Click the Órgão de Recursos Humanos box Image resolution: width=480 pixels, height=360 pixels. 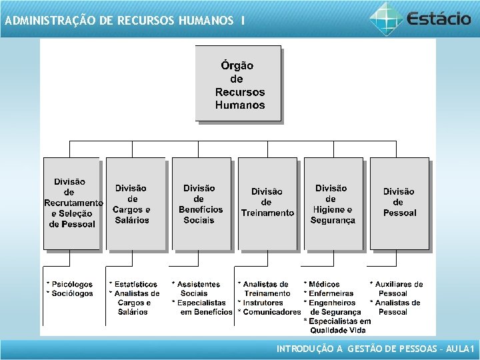[238, 83]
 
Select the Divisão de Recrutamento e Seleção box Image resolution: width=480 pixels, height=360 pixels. [71, 203]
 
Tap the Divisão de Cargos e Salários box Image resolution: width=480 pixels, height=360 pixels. [135, 203]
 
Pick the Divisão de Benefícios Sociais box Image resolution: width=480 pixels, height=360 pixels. [201, 203]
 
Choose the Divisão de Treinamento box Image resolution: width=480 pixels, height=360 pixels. [267, 203]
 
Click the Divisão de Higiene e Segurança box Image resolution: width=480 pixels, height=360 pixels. [333, 203]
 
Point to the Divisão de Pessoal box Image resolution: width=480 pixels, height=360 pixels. [399, 203]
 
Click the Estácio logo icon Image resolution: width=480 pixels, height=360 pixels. [386, 18]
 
